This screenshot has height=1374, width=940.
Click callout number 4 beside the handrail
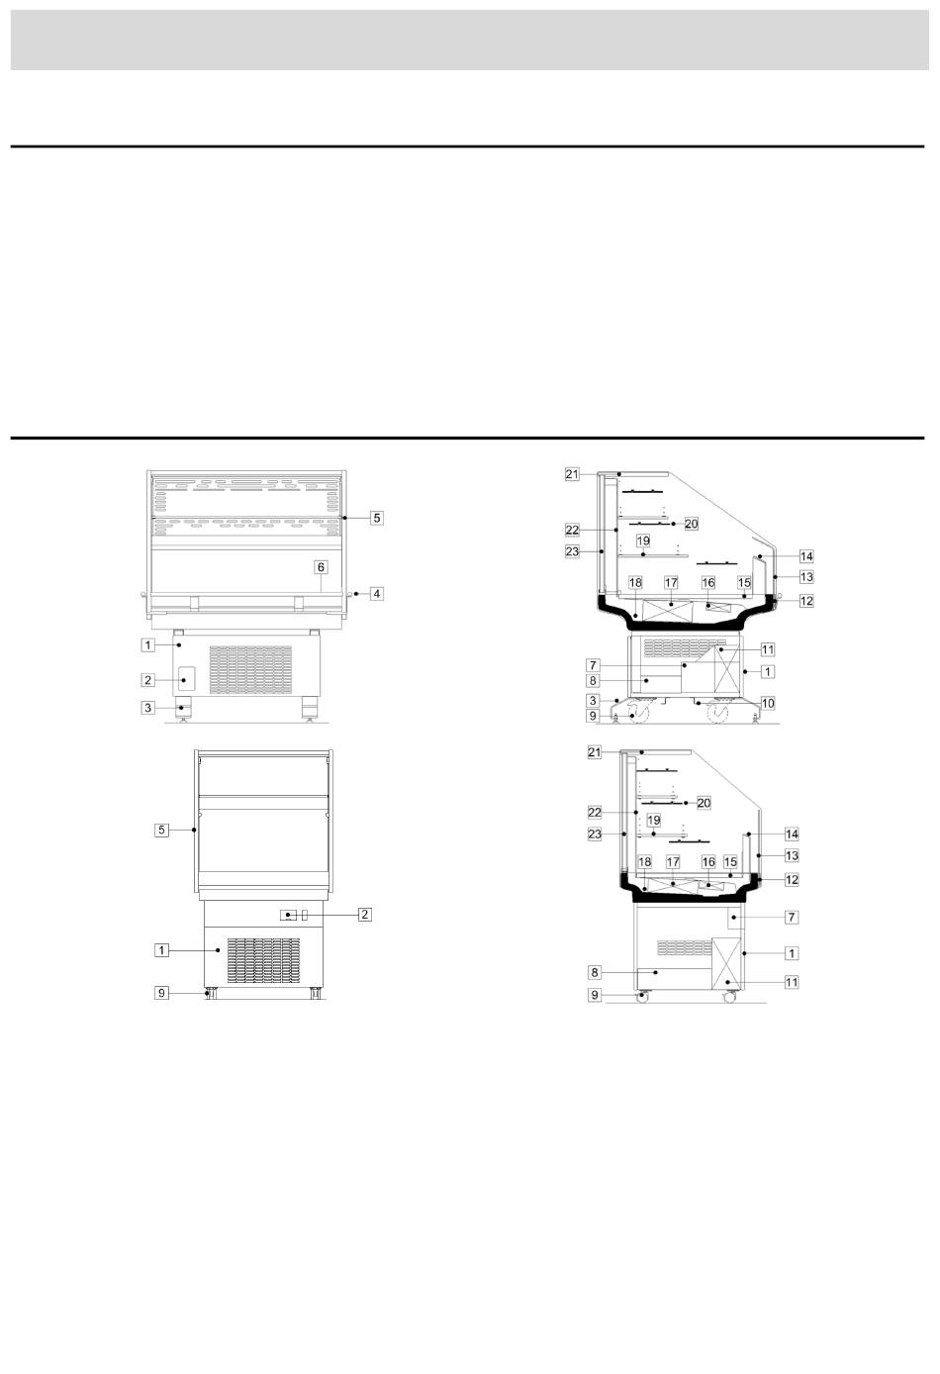(376, 594)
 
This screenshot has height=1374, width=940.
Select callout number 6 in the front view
(321, 567)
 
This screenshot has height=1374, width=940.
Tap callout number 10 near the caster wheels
(768, 704)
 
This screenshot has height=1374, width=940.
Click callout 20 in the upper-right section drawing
(691, 524)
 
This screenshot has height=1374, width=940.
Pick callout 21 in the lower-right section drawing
(594, 752)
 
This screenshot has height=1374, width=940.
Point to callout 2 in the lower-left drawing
(365, 915)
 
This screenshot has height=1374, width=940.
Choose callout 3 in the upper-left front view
(147, 708)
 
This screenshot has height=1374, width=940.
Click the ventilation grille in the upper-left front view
(250, 670)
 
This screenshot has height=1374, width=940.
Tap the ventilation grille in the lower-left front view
(263, 960)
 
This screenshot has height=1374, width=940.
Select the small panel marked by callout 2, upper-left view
(186, 680)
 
